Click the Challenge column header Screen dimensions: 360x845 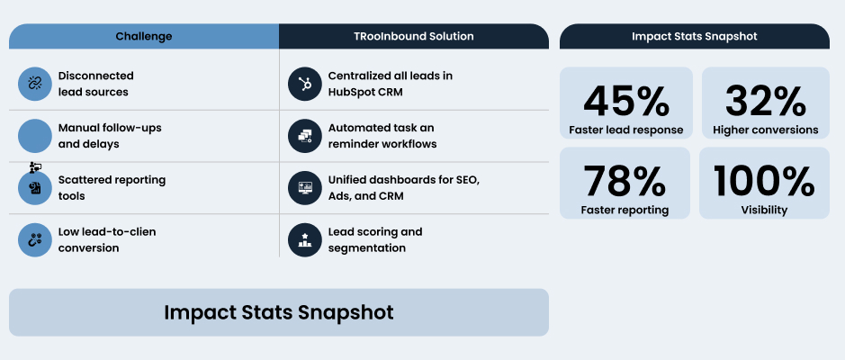144,37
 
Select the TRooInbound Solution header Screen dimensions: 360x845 414,37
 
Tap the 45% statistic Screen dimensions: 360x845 626,100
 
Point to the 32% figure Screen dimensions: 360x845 765,100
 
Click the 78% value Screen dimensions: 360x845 625,181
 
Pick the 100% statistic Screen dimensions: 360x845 764,181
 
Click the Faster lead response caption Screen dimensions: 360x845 626,130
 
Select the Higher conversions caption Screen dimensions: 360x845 765,130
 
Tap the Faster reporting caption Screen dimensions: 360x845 625,210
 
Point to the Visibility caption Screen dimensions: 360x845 764,210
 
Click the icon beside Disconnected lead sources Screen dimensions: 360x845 35,84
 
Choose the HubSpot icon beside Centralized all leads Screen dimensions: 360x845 305,84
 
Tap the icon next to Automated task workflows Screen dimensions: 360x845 305,135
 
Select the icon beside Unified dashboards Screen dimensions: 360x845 305,187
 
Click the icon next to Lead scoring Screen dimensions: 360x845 305,239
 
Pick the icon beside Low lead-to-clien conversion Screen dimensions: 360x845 35,239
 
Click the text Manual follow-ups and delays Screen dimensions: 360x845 110,135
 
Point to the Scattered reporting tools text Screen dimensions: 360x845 112,187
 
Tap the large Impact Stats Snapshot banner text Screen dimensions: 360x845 279,312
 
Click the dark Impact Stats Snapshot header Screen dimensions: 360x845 694,37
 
